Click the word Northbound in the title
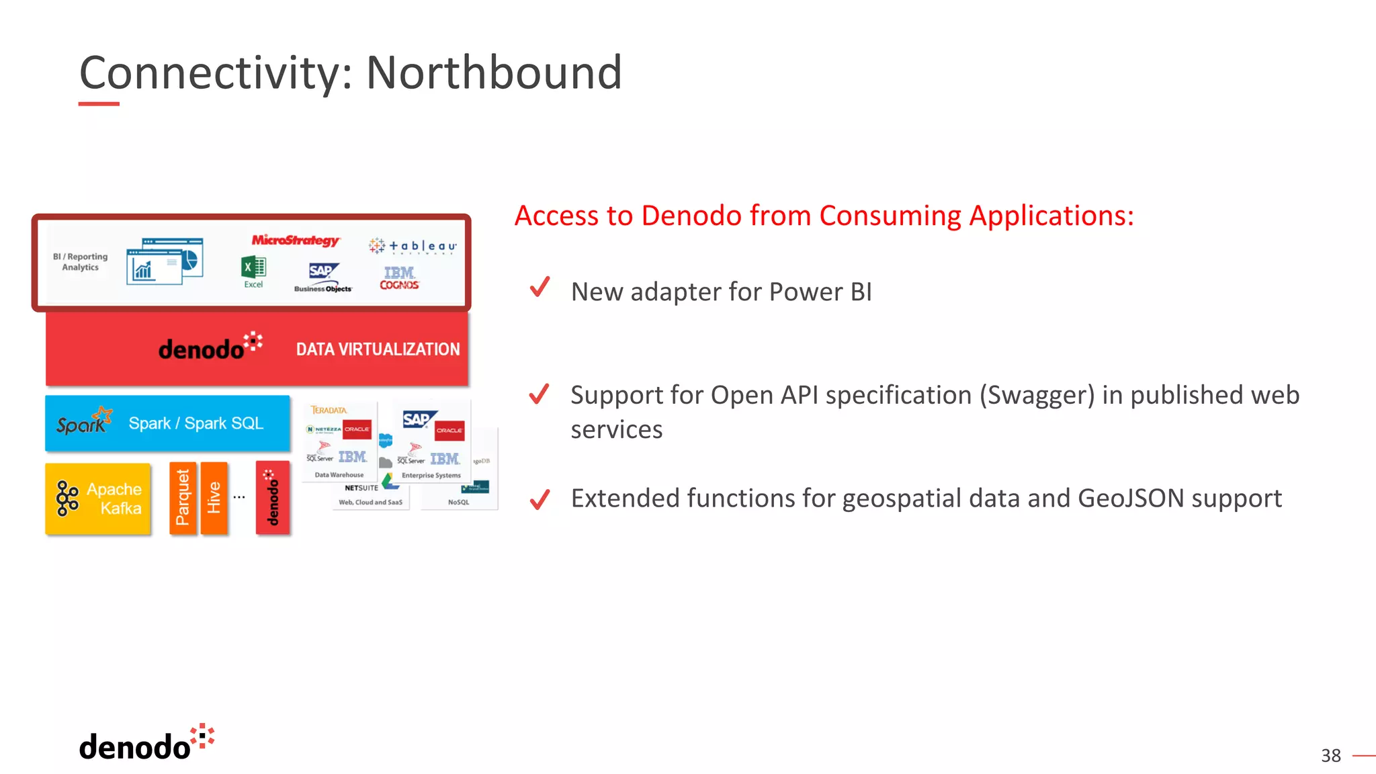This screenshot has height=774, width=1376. [494, 73]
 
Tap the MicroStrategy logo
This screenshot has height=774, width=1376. [296, 240]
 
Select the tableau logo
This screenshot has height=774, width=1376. [413, 247]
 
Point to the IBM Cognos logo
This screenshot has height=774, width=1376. [399, 277]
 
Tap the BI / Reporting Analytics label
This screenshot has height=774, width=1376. [80, 261]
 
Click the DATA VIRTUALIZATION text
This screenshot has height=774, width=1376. [378, 349]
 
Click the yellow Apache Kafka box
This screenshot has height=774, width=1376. [98, 499]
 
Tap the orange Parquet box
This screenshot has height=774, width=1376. [182, 498]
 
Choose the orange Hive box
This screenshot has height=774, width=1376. [214, 498]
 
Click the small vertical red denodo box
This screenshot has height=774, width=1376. [272, 498]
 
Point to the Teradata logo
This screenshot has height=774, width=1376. [329, 410]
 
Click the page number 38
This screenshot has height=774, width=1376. [1330, 756]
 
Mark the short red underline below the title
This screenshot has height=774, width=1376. [99, 104]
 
